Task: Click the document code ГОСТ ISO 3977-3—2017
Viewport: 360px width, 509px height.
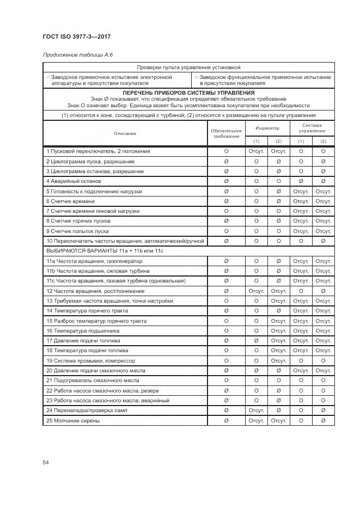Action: pos(77,38)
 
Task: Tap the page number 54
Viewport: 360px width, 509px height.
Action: pos(46,462)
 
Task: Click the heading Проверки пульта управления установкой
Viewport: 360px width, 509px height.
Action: pos(188,68)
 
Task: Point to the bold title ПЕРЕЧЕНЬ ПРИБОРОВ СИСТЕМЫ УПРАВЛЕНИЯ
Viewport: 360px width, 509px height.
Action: pos(188,93)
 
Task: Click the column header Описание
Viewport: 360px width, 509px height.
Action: pos(125,133)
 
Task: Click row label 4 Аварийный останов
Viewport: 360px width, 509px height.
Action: pos(74,181)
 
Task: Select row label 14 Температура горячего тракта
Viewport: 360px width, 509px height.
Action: pos(88,310)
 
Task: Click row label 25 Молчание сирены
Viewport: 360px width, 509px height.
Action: pos(73,421)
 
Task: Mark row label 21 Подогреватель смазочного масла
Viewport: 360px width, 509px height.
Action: pos(91,381)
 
